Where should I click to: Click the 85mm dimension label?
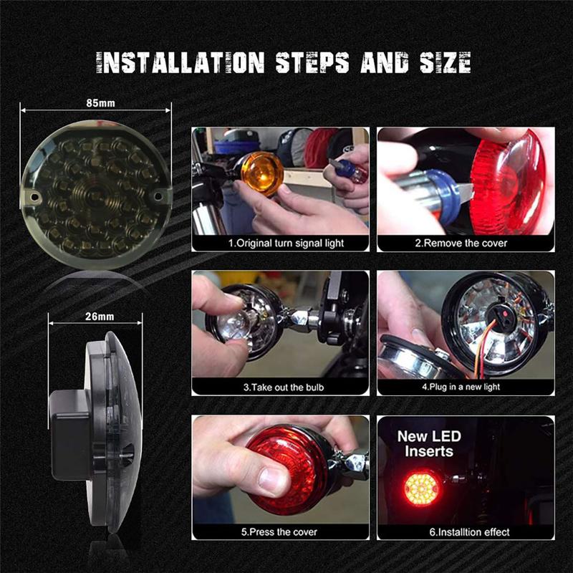click(96, 103)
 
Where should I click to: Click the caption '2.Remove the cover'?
click(465, 244)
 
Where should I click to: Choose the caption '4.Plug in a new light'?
click(465, 387)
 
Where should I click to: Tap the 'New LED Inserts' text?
click(429, 443)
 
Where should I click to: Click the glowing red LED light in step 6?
click(422, 487)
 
